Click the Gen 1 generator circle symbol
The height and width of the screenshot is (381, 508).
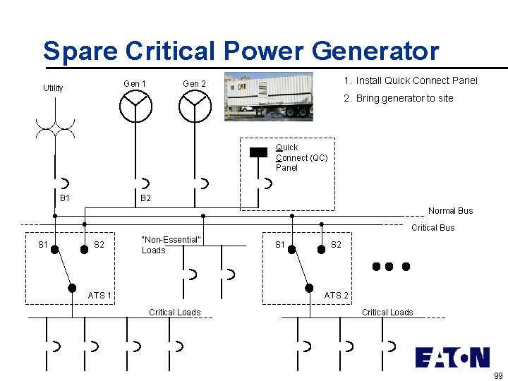135,107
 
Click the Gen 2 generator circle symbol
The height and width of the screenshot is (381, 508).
195,107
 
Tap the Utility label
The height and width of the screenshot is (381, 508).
53,88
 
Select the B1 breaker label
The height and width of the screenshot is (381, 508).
65,198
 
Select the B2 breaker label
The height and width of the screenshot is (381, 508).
145,198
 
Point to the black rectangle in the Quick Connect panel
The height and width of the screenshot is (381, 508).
259,152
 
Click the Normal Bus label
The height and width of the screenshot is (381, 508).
450,211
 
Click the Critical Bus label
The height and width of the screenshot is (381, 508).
433,228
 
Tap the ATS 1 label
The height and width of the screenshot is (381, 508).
99,295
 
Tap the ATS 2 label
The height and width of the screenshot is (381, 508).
336,296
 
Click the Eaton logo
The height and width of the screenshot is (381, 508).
452,357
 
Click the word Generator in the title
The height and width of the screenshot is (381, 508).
375,51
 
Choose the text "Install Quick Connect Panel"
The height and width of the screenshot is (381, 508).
416,80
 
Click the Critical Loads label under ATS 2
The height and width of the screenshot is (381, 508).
387,312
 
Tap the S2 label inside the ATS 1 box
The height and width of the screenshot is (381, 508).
99,245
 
